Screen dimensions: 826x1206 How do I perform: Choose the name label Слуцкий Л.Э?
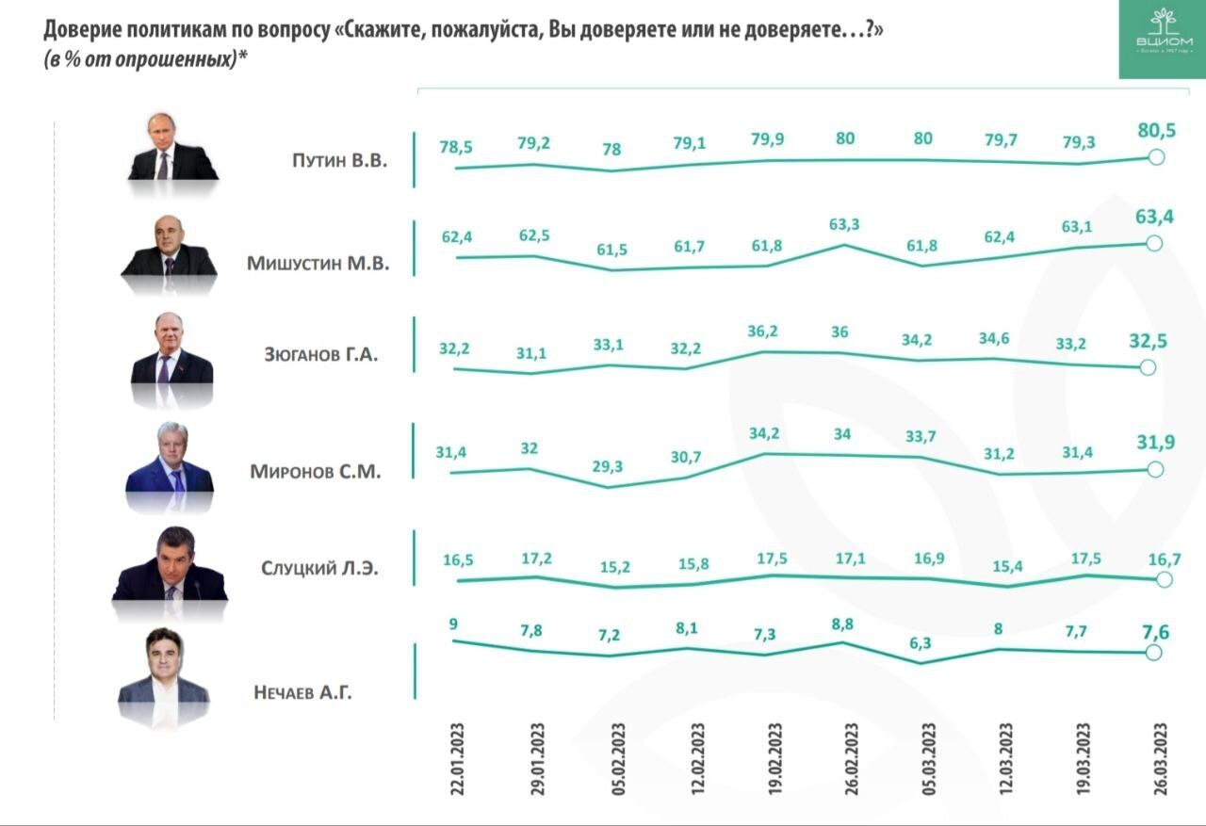pyautogui.click(x=320, y=568)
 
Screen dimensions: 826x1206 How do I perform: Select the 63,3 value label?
pyautogui.click(x=843, y=225)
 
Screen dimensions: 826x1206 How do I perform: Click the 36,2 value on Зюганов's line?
pyautogui.click(x=765, y=332)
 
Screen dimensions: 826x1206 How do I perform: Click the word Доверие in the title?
pyautogui.click(x=78, y=29)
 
